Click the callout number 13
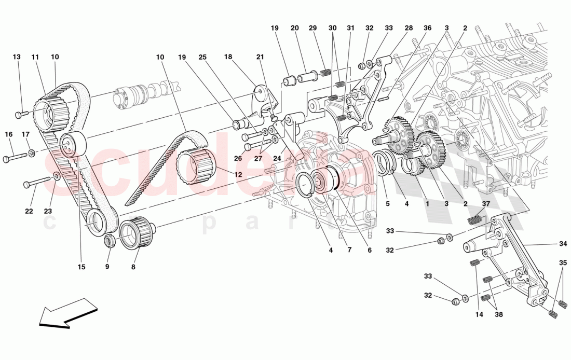[17, 57]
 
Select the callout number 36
[427, 28]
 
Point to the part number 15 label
[81, 267]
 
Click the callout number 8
[133, 267]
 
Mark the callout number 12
[238, 175]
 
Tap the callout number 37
[486, 203]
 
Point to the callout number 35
[563, 264]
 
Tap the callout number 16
[9, 134]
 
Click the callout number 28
[409, 28]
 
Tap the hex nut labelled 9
[110, 240]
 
